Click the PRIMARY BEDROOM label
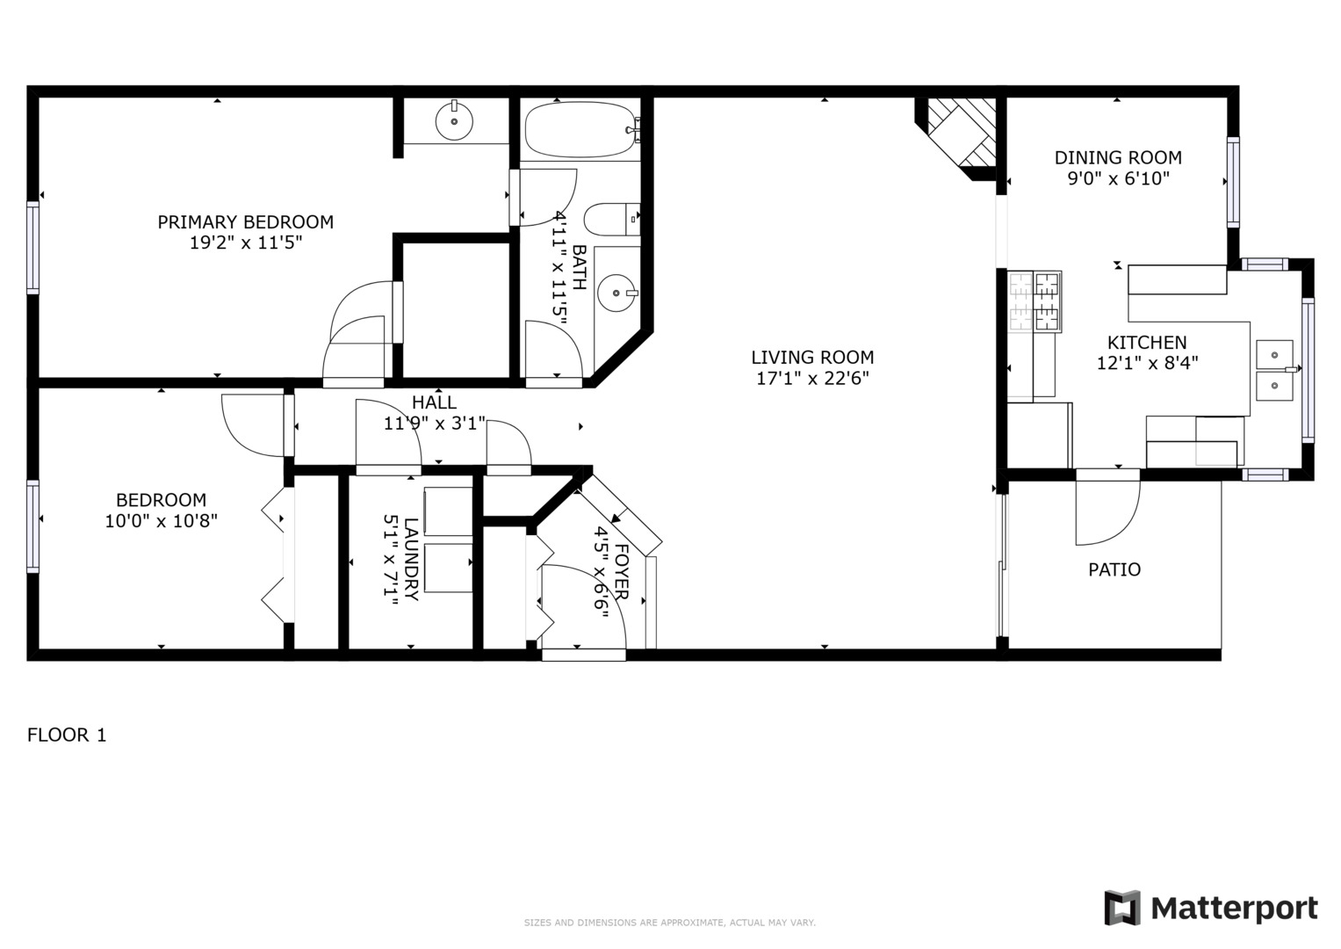click(x=245, y=222)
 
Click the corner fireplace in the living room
click(x=961, y=132)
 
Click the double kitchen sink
click(x=1273, y=370)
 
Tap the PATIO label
click(x=1114, y=569)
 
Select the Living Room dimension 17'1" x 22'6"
click(x=812, y=379)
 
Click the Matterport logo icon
click(x=1121, y=908)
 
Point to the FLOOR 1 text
click(x=67, y=735)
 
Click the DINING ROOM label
click(x=1117, y=158)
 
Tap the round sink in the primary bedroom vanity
click(x=454, y=120)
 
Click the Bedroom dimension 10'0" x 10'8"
click(x=161, y=521)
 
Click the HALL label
click(x=434, y=402)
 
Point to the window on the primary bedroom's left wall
click(x=32, y=247)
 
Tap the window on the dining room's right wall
click(x=1233, y=183)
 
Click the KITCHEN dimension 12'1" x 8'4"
click(x=1147, y=363)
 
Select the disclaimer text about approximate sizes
click(x=669, y=923)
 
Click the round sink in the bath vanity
click(x=616, y=291)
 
